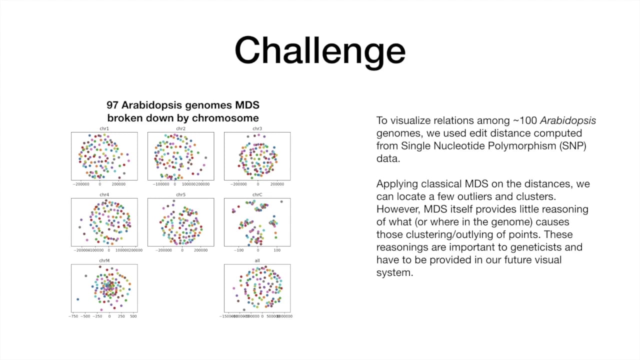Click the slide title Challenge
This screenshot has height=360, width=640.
pyautogui.click(x=320, y=50)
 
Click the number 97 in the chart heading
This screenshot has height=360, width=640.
pyautogui.click(x=113, y=105)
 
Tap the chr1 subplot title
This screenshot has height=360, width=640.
pyautogui.click(x=104, y=129)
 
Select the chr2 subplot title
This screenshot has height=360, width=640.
pyautogui.click(x=180, y=129)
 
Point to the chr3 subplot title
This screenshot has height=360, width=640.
pyautogui.click(x=257, y=129)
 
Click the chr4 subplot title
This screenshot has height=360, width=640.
pyautogui.click(x=104, y=195)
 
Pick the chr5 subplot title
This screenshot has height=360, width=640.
pyautogui.click(x=180, y=195)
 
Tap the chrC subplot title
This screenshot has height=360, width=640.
pyautogui.click(x=257, y=195)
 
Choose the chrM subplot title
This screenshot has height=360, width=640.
pyautogui.click(x=104, y=261)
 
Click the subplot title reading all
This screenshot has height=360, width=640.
pyautogui.click(x=257, y=261)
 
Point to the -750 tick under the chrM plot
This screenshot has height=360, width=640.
pyautogui.click(x=73, y=316)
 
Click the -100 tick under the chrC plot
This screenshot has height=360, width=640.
pyautogui.click(x=239, y=250)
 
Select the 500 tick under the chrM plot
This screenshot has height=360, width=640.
pyautogui.click(x=133, y=316)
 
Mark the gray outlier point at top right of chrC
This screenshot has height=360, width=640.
pyautogui.click(x=281, y=201)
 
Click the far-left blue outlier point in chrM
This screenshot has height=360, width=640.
pyautogui.click(x=77, y=299)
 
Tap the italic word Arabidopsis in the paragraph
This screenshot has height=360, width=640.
pyautogui.click(x=567, y=120)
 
